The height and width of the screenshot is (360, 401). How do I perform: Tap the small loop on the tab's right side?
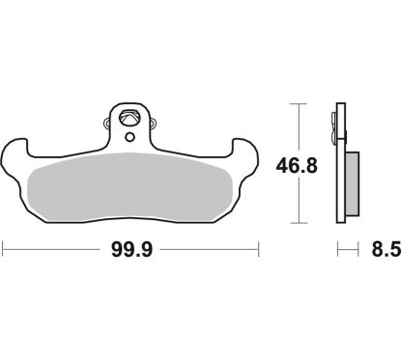(x=156, y=123)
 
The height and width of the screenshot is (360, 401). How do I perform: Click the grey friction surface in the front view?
(x=132, y=183)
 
